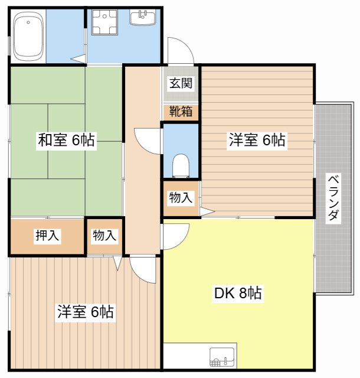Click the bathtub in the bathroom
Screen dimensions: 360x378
(x=29, y=37)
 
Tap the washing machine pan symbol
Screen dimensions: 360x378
(x=104, y=22)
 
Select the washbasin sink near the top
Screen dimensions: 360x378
(x=143, y=17)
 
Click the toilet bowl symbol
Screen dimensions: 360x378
(x=181, y=166)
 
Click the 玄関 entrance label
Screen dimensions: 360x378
(x=181, y=83)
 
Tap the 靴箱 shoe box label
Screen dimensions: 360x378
(x=181, y=112)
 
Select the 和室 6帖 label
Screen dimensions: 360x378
(x=66, y=140)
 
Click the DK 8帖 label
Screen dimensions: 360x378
(x=238, y=293)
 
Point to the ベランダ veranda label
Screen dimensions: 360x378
(x=333, y=198)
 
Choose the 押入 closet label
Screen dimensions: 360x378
(x=47, y=235)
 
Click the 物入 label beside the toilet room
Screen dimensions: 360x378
(x=181, y=198)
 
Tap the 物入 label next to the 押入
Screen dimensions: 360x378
(x=104, y=235)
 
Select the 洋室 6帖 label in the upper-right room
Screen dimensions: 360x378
(x=257, y=140)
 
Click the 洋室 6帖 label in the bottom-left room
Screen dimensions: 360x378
(x=86, y=312)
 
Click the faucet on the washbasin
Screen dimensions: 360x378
(x=142, y=14)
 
